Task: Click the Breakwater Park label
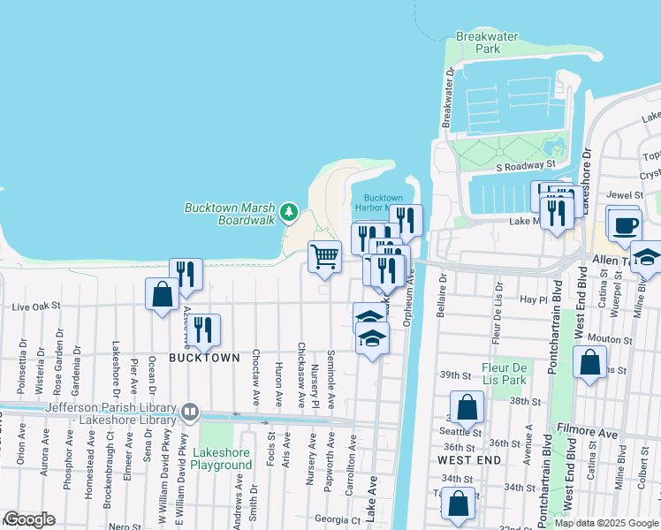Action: click(477, 42)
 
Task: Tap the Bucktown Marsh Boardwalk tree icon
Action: click(288, 212)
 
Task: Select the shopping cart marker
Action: click(325, 256)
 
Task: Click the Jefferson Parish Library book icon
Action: click(189, 413)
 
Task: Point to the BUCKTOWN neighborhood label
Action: click(204, 358)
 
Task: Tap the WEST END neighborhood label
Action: click(469, 460)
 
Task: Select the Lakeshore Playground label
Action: click(221, 458)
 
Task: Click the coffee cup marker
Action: click(625, 224)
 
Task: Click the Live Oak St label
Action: click(35, 307)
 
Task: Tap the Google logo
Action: click(28, 519)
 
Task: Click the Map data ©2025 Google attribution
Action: click(606, 522)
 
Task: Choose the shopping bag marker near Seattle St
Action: click(468, 407)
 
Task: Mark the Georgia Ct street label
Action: click(338, 519)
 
